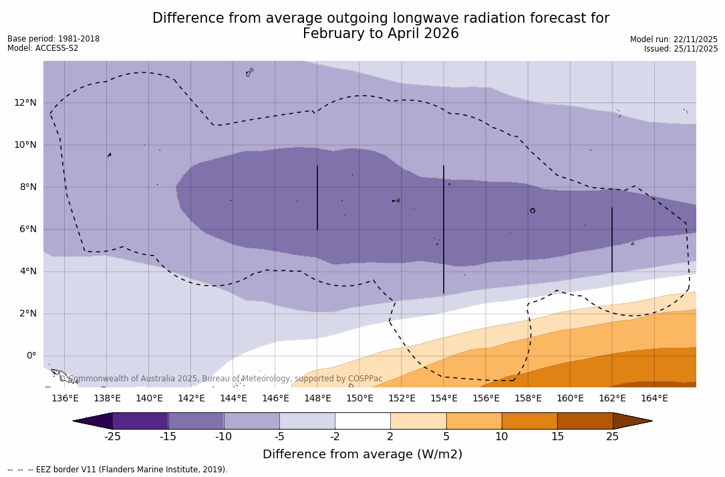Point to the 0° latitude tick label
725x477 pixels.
coord(31,356)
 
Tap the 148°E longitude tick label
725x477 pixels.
coord(317,398)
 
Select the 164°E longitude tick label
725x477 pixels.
coord(654,398)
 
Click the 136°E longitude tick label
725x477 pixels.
coord(65,398)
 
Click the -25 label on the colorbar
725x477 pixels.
coord(112,437)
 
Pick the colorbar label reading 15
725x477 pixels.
coord(557,437)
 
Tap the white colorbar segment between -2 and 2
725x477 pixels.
coord(362,421)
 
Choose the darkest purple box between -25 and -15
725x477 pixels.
coord(140,421)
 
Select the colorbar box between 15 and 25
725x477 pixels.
coord(585,421)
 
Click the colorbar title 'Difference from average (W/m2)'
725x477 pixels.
coord(362,454)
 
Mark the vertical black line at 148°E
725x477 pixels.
coord(317,197)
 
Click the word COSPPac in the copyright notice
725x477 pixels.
coord(365,379)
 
